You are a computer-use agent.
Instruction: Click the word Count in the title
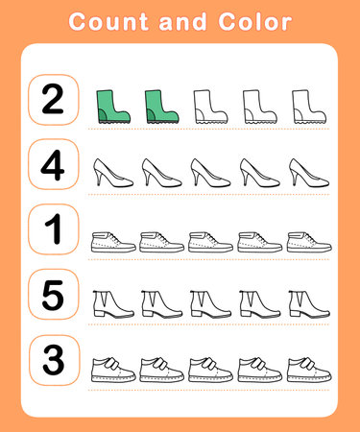point(108,22)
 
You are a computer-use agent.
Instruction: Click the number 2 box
point(54,100)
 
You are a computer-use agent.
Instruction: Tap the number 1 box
point(54,230)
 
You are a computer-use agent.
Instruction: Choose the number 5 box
point(54,296)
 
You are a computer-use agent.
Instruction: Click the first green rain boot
point(111,107)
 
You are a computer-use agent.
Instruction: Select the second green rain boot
point(159,107)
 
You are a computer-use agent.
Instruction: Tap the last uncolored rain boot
point(304,107)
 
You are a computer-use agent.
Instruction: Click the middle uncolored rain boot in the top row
point(256,107)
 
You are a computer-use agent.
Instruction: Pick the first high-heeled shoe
point(111,173)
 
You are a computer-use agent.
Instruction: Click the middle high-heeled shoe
point(208,173)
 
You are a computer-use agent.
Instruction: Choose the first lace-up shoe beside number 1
point(111,241)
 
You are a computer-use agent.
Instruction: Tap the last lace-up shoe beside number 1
point(305,241)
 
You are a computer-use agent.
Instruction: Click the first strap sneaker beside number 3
point(111,369)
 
